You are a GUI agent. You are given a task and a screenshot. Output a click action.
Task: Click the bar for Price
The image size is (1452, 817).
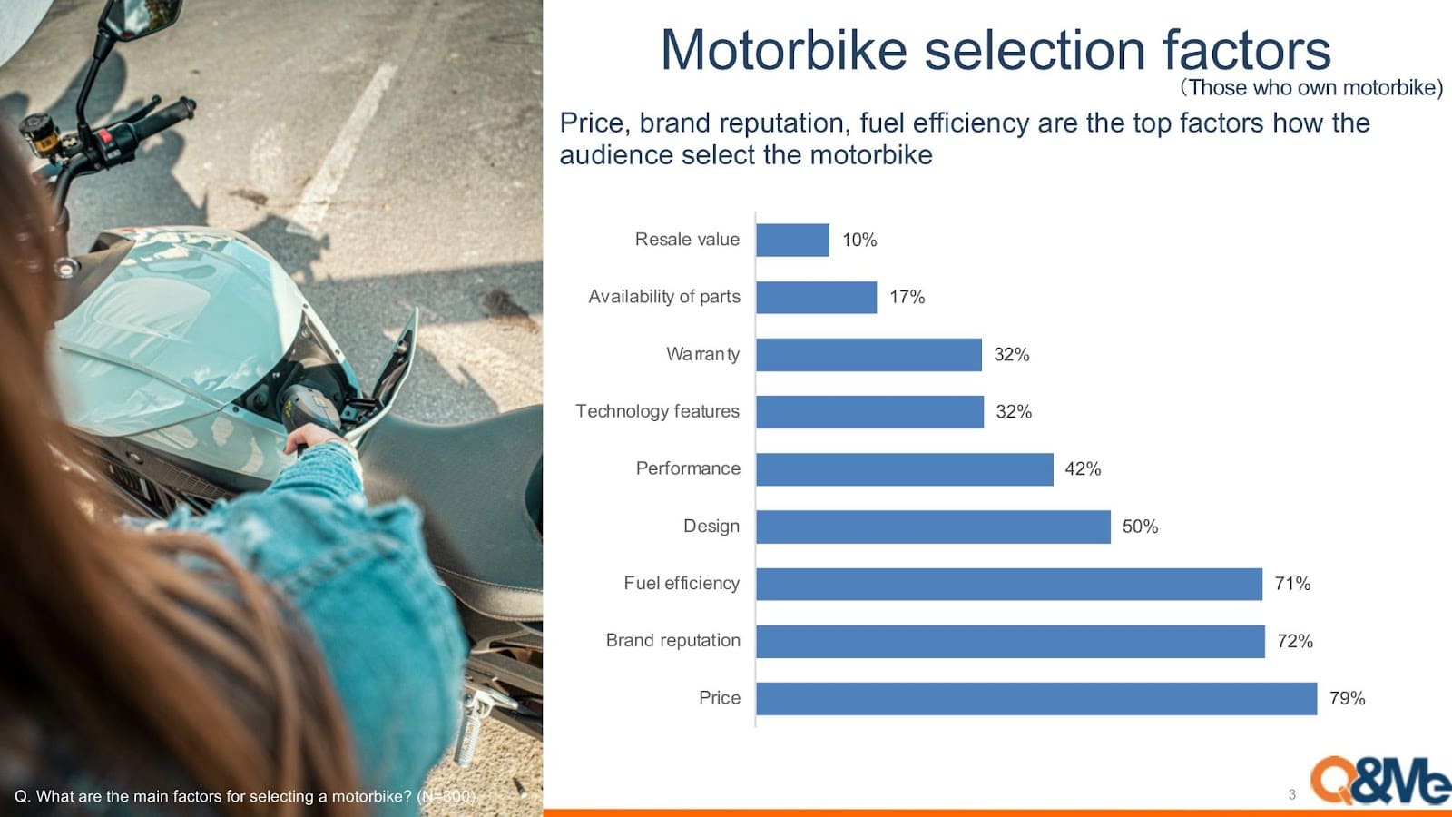1036,698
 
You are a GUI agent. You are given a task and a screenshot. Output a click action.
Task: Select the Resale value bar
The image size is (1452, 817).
793,240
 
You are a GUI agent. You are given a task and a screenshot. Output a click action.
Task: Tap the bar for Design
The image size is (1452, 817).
934,527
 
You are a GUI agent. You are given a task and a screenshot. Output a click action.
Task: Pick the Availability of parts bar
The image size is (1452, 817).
817,297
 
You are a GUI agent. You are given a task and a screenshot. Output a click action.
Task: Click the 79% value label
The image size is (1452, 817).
1347,698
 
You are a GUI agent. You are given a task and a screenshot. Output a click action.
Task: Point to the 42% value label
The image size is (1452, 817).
1083,468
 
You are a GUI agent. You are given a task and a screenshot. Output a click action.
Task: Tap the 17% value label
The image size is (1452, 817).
907,297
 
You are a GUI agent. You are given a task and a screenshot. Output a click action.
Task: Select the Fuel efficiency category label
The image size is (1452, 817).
682,584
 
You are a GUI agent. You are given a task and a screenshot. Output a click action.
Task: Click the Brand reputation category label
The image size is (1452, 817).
672,641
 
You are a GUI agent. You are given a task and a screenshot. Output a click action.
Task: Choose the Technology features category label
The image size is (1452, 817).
657,411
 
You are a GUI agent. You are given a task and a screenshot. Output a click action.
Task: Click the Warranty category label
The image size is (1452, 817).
702,354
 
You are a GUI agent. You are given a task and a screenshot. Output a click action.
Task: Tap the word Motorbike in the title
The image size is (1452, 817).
784,50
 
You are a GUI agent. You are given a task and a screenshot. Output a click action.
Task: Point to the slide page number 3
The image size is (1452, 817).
1292,794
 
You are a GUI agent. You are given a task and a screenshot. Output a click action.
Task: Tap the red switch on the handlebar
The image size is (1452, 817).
103,137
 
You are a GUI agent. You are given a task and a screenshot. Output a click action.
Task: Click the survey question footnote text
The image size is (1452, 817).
245,796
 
